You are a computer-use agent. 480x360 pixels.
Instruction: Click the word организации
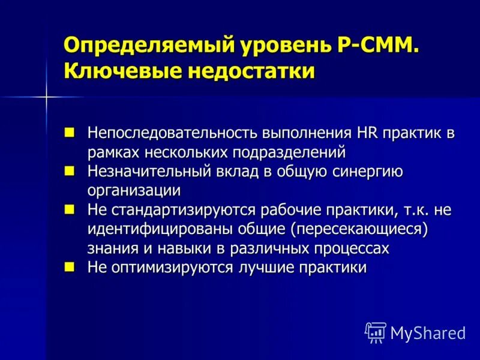(134, 191)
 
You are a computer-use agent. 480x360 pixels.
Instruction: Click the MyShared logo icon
(376, 332)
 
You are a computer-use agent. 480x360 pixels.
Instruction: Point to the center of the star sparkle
(46, 97)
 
